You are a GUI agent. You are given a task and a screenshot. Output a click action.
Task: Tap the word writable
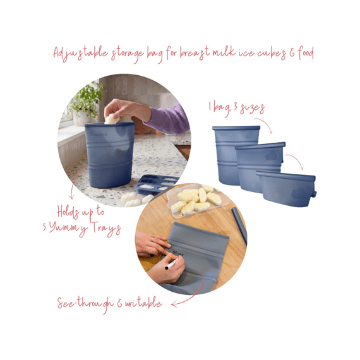141,303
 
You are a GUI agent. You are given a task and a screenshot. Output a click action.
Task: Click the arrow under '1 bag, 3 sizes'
266,127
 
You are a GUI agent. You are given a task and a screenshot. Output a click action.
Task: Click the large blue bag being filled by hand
110,154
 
